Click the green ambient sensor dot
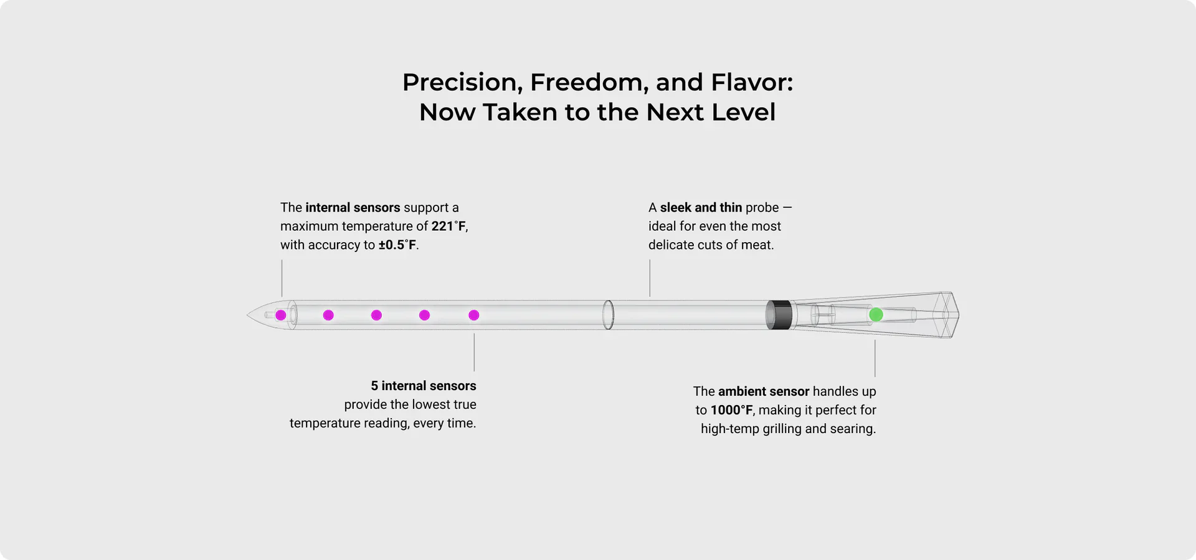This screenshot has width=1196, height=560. point(876,315)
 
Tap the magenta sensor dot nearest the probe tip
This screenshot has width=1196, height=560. point(281,315)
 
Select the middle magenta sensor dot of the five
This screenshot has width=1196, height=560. point(376,315)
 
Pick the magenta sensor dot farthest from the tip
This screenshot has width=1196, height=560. point(474,315)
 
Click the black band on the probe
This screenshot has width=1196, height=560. point(779,315)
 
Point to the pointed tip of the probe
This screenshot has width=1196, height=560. point(247,315)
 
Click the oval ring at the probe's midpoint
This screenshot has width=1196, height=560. point(609,315)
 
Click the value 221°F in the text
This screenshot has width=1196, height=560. point(448,226)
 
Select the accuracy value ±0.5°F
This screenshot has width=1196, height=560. point(397,245)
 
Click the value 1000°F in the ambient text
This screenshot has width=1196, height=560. point(732,410)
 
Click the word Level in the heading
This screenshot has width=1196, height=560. point(744,112)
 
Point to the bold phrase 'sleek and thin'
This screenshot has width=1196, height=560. point(701,208)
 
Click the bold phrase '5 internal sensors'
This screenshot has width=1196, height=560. point(424,386)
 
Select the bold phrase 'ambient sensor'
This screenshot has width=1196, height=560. point(764,391)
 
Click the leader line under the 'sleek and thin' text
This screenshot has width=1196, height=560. point(650,278)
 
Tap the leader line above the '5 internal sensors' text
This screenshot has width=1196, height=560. point(474,352)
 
